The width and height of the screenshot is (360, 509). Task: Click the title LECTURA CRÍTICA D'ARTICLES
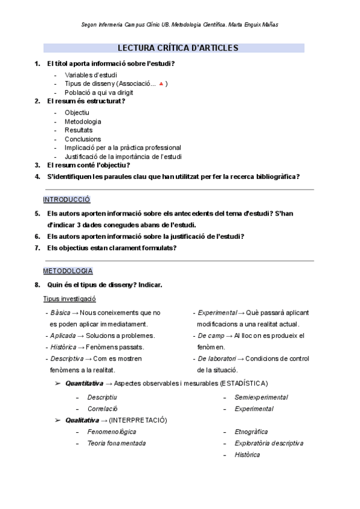coord(178,48)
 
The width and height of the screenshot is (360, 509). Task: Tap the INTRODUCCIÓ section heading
coord(67,199)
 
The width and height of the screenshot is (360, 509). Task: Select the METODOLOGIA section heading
coord(68,271)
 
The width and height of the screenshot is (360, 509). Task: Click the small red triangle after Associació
coord(161,84)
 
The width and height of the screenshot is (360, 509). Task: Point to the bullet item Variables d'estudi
coord(91,75)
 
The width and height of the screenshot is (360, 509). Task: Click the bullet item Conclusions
coord(83,139)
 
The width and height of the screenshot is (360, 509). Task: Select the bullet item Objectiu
coord(77,112)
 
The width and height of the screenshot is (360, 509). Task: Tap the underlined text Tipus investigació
coord(70,299)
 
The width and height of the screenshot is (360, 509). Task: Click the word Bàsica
coord(60,313)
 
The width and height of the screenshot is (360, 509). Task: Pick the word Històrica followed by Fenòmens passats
coord(63,347)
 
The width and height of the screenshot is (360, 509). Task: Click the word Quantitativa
coord(84,383)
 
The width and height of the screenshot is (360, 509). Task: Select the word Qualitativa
coord(83,420)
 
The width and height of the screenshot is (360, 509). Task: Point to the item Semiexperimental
coord(261,397)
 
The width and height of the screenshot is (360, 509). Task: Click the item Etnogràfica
coord(251,432)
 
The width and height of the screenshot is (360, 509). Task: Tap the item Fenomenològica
coord(112,432)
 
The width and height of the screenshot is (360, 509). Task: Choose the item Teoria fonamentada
coord(116,443)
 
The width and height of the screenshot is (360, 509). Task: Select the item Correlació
coord(102,409)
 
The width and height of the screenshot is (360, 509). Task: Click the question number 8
coord(37,285)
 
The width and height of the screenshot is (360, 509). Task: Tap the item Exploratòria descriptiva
coord(269,443)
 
